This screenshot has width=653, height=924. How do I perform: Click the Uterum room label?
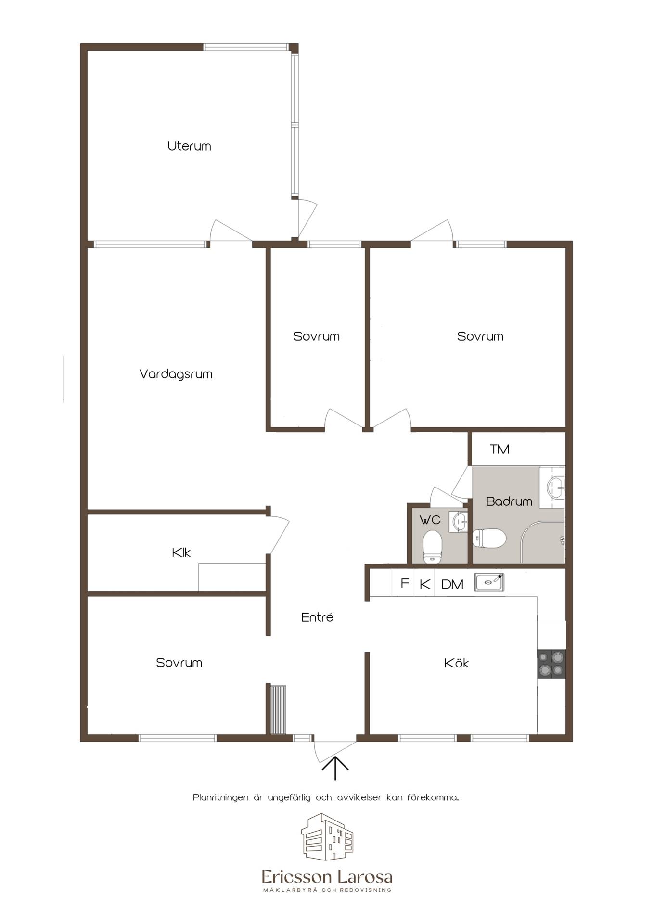[x=189, y=146]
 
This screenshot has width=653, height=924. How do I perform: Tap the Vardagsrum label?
[x=176, y=374]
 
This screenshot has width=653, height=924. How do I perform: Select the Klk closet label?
[x=181, y=552]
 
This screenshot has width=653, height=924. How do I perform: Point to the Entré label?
[x=317, y=617]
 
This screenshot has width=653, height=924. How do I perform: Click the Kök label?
[x=456, y=663]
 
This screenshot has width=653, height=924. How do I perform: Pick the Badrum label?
[x=509, y=501]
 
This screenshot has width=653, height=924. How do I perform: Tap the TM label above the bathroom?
[x=499, y=449]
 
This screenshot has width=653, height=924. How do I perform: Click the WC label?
[x=430, y=520]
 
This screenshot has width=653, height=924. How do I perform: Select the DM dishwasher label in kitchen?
[x=452, y=585]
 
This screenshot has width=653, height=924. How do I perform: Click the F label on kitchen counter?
[x=405, y=583]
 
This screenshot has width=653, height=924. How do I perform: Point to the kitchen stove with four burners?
[x=551, y=664]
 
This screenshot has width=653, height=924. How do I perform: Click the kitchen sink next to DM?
[x=489, y=582]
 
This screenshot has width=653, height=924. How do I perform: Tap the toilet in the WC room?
[x=432, y=547]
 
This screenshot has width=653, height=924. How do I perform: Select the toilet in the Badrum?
[x=489, y=539]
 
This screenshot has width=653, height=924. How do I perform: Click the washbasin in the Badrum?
[x=556, y=487]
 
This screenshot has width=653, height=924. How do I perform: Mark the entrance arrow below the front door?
[x=335, y=768]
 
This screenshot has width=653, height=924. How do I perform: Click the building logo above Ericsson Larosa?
[x=327, y=837]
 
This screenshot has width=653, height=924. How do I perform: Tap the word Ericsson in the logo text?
[x=295, y=877]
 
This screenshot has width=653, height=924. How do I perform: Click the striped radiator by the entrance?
[x=278, y=710]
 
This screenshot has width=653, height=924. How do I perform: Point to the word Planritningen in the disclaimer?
[x=221, y=798]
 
